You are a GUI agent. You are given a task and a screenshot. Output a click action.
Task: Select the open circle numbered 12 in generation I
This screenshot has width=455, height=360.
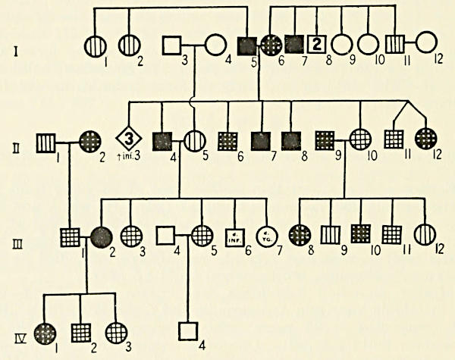point(425,46)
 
